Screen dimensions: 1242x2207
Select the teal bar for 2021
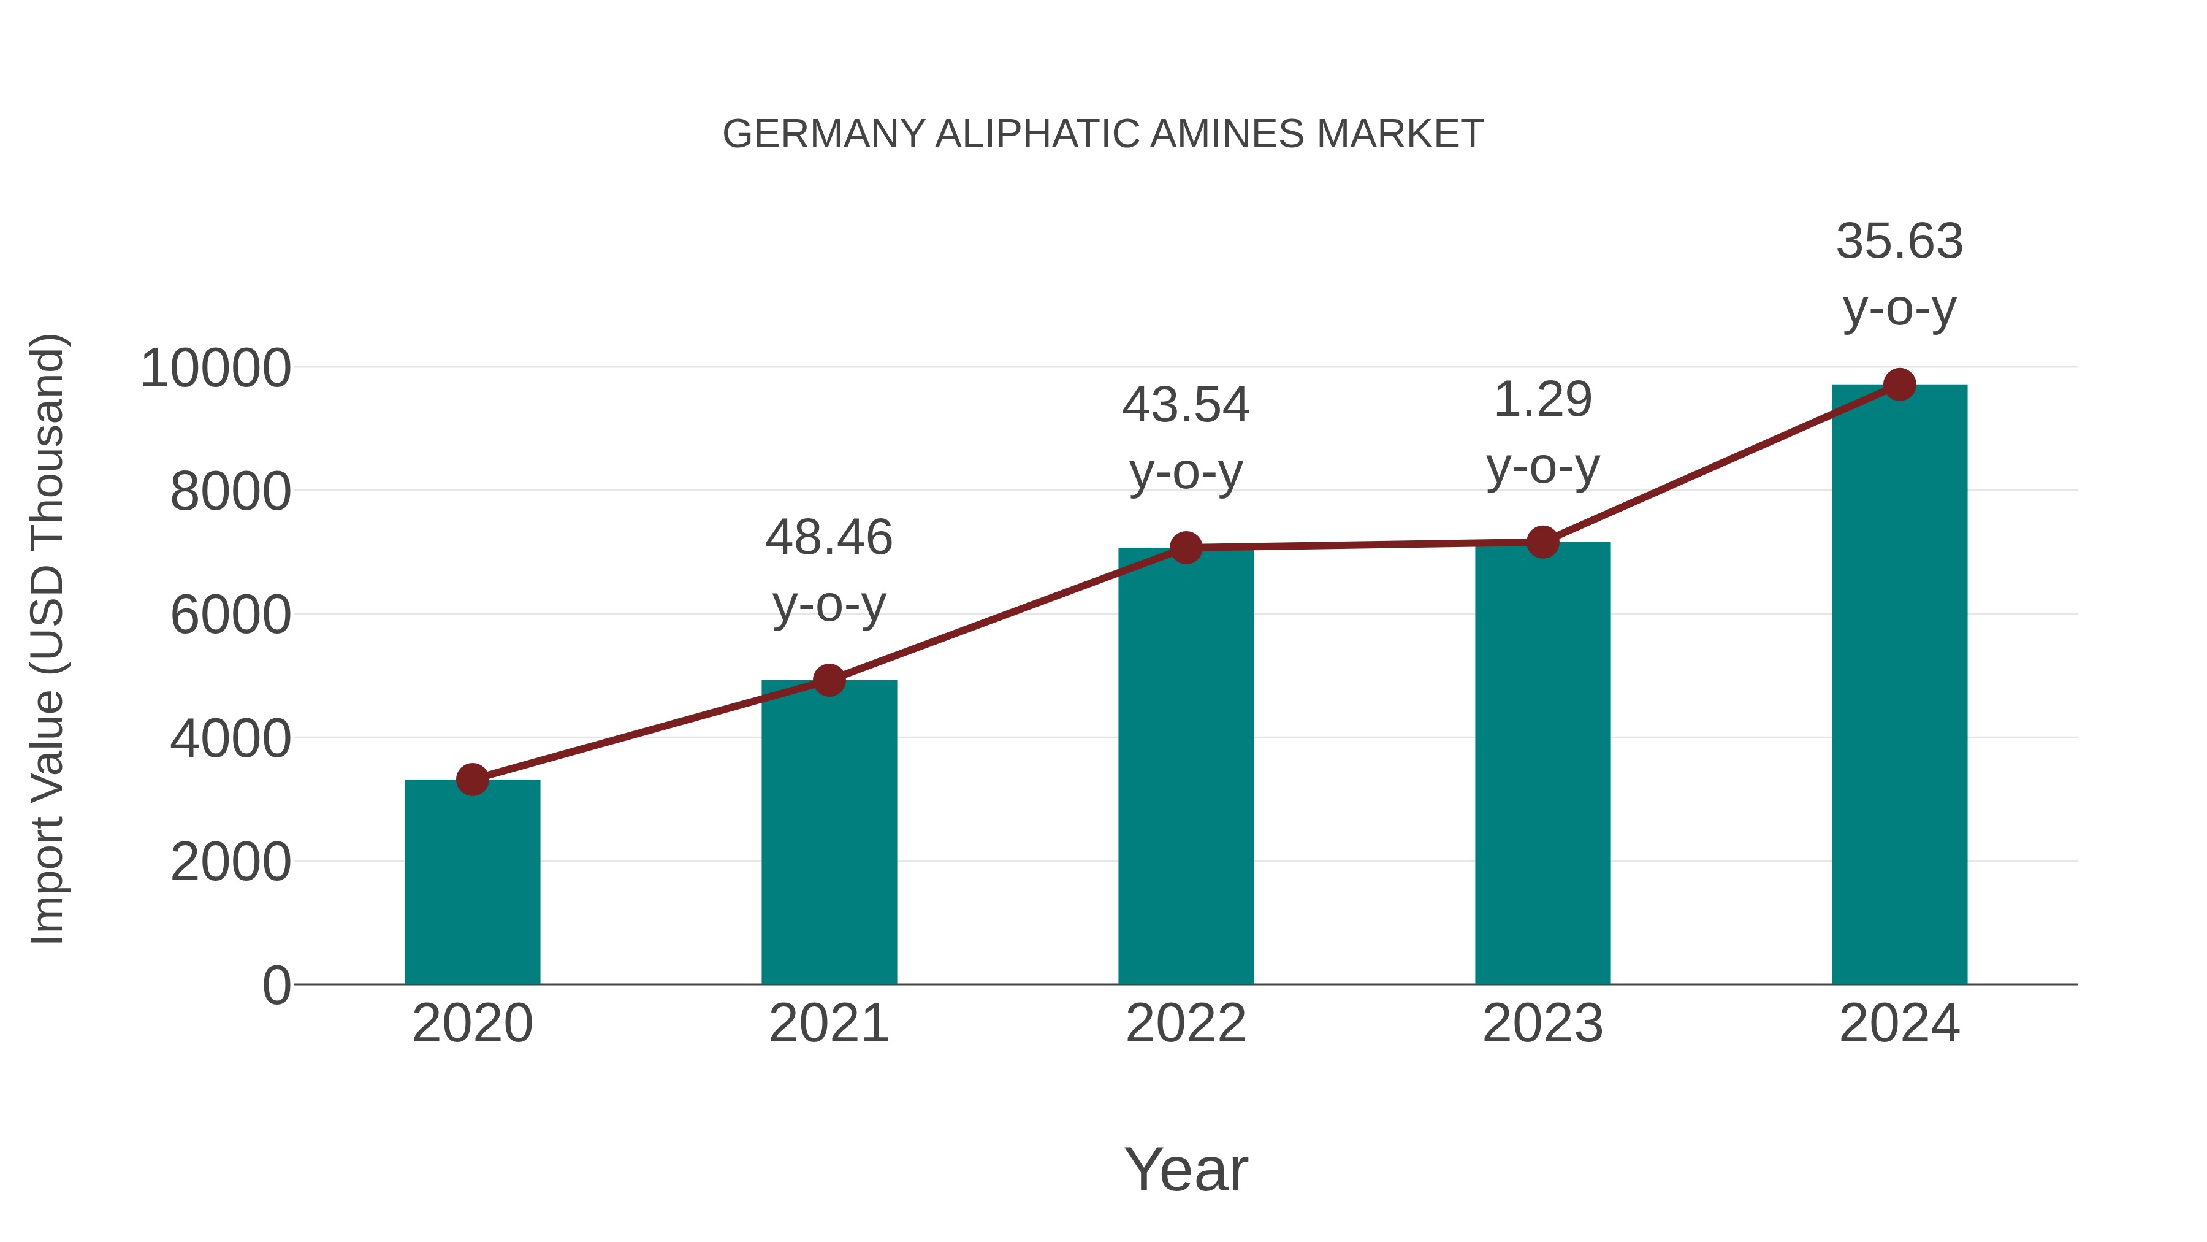tap(828, 832)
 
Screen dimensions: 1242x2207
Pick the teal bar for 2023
tap(1542, 763)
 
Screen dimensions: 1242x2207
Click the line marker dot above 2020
tap(472, 779)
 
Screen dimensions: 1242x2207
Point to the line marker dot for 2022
tap(1186, 547)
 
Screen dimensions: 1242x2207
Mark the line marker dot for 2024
tap(1899, 385)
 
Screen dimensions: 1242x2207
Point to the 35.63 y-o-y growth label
tap(1899, 274)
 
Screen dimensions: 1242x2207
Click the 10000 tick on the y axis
tap(216, 369)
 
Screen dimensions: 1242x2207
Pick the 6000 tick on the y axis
tap(231, 615)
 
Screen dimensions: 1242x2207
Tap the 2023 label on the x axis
tap(1542, 1024)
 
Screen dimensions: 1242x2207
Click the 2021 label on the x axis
tap(828, 1024)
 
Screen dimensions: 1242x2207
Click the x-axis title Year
tap(1186, 1169)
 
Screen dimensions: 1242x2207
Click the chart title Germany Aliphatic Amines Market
tap(1103, 134)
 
